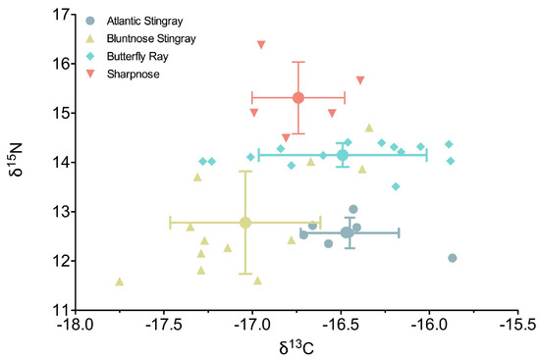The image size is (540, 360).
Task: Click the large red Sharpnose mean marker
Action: tap(298, 97)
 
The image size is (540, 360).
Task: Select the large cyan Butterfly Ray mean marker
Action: tap(343, 155)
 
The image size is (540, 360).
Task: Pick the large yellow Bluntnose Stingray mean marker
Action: tap(245, 223)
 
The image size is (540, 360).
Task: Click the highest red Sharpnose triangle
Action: tap(261, 44)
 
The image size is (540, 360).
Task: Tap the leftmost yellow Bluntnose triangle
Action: tap(120, 282)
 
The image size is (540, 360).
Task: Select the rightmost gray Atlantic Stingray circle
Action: tap(453, 258)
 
